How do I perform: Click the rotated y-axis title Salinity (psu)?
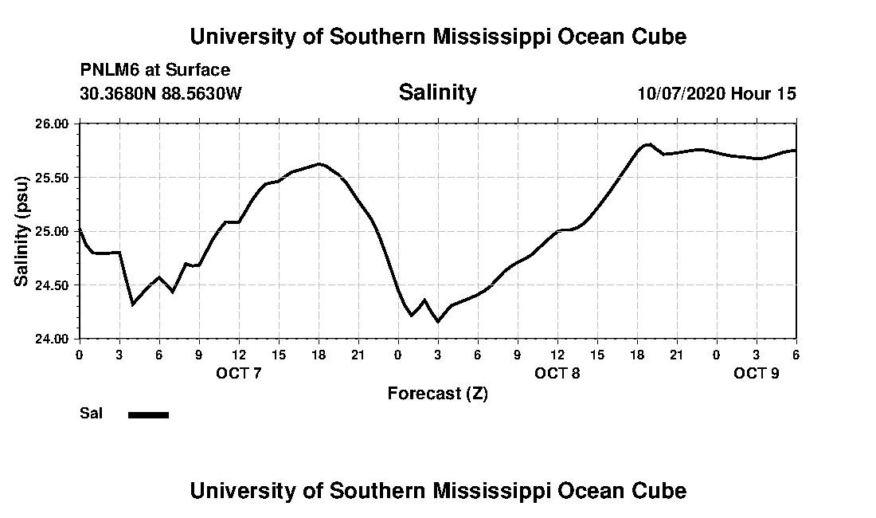(22, 231)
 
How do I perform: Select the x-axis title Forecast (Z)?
(437, 394)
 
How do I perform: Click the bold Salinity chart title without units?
(437, 92)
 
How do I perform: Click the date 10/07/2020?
(681, 93)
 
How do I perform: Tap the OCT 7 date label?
(239, 373)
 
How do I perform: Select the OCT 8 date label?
(557, 373)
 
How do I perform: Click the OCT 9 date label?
(757, 373)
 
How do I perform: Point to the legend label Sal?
(91, 413)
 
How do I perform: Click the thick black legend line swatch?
(148, 414)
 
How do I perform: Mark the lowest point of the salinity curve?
(437, 321)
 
